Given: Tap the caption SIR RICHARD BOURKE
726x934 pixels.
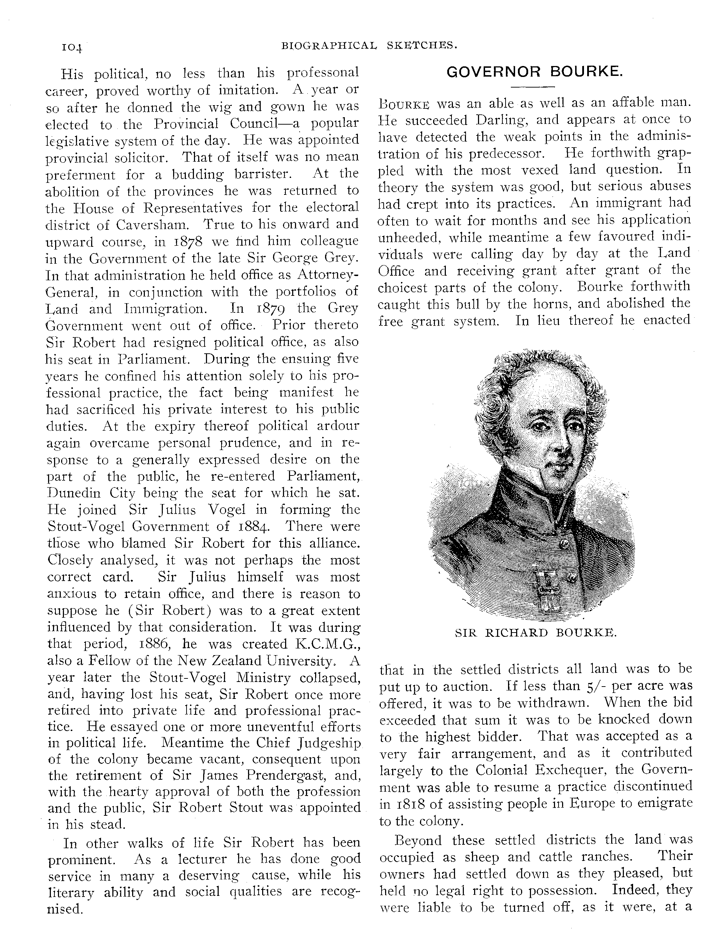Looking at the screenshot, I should click(x=535, y=633).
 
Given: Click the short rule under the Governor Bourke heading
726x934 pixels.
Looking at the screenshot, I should click(x=533, y=87).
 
